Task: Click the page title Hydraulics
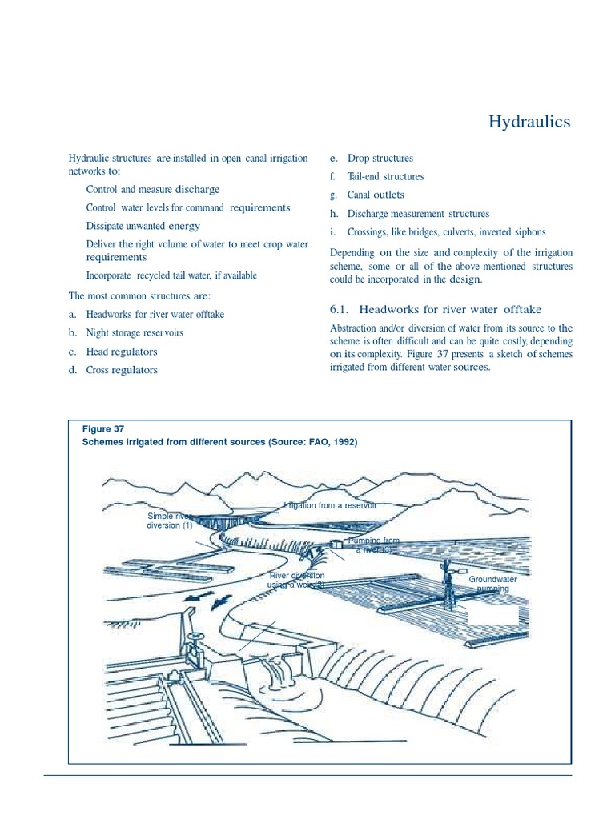(x=529, y=122)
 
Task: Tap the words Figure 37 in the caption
(x=103, y=428)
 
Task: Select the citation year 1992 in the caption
(x=340, y=441)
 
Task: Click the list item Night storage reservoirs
(x=134, y=332)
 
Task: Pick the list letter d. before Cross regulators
(x=72, y=370)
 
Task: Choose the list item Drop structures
(x=380, y=159)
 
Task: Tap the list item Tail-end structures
(x=385, y=176)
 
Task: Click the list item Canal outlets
(x=376, y=195)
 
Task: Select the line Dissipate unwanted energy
(x=143, y=226)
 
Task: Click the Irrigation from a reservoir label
(x=329, y=505)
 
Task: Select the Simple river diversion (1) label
(x=168, y=521)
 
